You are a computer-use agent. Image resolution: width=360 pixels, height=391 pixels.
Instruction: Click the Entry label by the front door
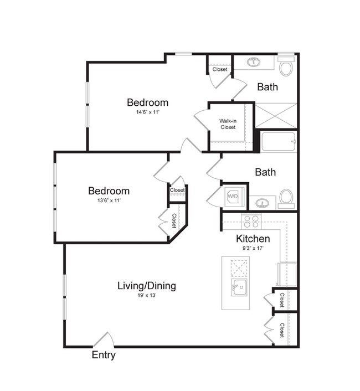click(104, 355)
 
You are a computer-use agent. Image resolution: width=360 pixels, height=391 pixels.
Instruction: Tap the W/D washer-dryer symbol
click(233, 197)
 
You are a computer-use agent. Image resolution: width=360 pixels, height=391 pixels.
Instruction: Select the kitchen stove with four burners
click(251, 222)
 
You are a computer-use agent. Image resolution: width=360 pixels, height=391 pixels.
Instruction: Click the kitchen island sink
click(239, 287)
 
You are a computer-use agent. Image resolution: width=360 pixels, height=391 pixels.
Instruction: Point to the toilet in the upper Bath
click(286, 66)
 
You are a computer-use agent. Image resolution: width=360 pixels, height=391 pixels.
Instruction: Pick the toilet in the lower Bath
click(286, 199)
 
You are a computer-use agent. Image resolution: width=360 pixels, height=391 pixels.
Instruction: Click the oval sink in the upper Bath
click(254, 61)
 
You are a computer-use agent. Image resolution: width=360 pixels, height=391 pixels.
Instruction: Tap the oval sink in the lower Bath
click(262, 203)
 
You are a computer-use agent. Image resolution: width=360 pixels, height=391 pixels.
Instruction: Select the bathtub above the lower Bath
click(279, 141)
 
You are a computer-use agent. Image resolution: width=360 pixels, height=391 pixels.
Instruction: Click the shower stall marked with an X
click(276, 115)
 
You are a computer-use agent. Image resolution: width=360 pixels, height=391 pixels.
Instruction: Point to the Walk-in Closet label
click(228, 124)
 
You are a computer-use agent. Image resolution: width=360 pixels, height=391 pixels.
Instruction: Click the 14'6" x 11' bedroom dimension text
click(147, 112)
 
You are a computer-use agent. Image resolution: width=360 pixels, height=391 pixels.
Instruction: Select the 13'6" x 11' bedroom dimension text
click(109, 200)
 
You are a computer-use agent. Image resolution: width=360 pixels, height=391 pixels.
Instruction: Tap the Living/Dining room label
click(147, 286)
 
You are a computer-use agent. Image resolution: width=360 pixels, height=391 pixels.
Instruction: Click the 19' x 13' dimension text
click(147, 296)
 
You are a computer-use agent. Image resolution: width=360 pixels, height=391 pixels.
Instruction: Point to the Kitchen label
click(253, 239)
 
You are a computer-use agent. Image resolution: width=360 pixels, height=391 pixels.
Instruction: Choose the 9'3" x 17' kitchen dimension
click(253, 248)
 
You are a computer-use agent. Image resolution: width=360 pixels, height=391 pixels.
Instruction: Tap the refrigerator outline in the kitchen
click(287, 274)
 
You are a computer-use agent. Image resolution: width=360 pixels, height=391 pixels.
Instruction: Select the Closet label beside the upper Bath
click(220, 69)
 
